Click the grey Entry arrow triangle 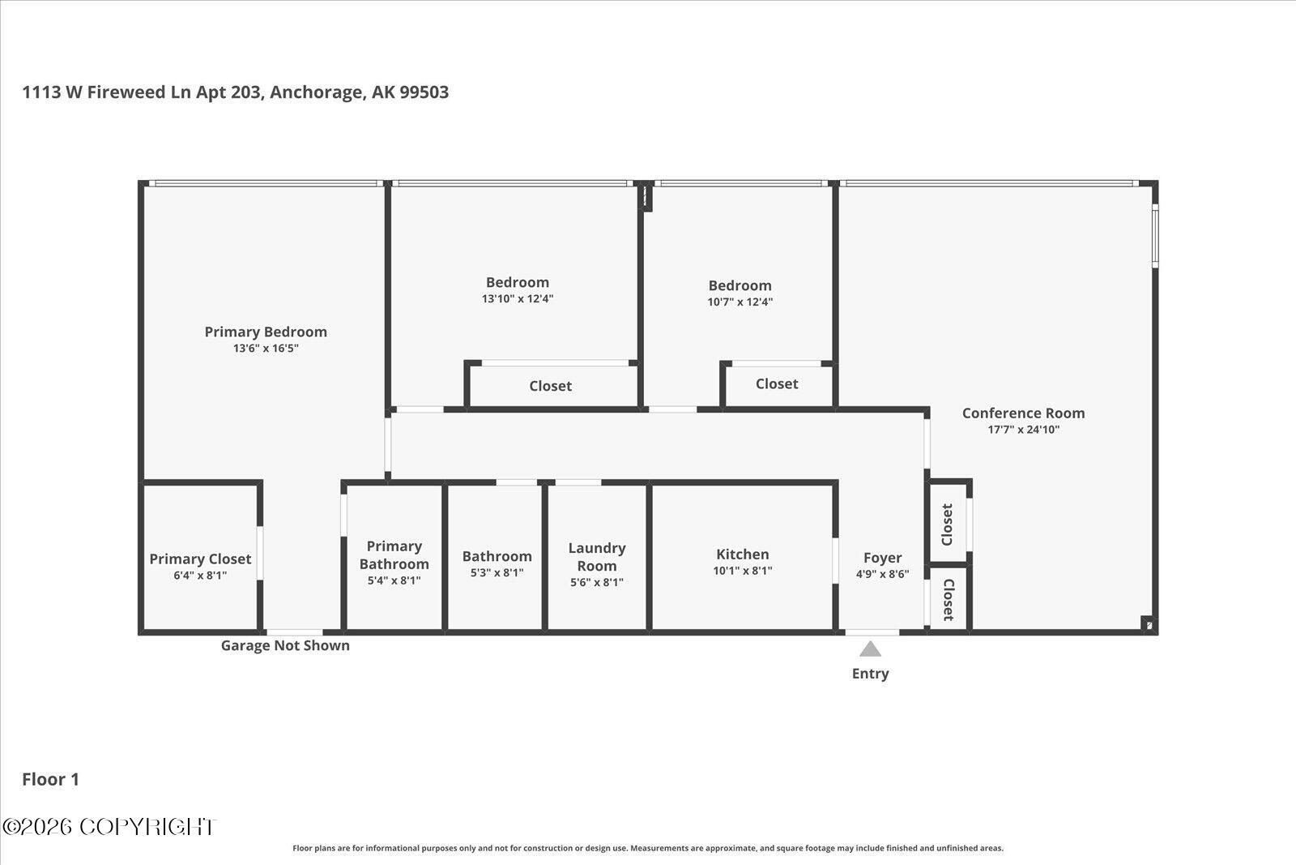point(870,649)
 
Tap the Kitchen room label point(742,554)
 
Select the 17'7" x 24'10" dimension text point(1023,429)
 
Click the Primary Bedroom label point(266,332)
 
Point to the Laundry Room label point(596,556)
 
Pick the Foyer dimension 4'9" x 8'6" point(882,573)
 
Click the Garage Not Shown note point(285,645)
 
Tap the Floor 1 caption point(50,779)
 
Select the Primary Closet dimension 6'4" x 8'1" point(200,575)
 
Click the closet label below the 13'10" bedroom point(550,386)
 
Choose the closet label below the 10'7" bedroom point(777,383)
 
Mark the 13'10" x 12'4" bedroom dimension point(518,298)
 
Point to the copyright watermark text point(109,827)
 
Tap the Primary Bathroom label point(394,555)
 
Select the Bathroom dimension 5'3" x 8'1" point(497,572)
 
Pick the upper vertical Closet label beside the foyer point(947,525)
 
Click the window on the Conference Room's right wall point(1155,236)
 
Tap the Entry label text point(870,674)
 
